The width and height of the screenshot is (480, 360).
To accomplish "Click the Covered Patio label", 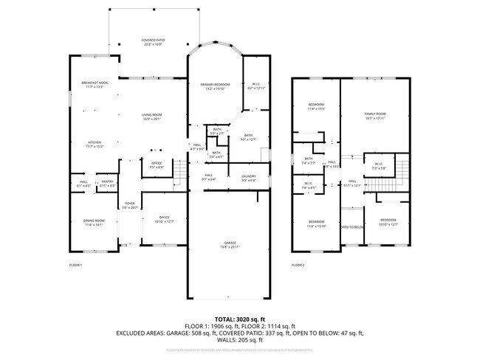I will [153, 41].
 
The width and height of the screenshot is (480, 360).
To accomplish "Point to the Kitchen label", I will [95, 144].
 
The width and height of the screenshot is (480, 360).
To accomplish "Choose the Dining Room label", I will [93, 223].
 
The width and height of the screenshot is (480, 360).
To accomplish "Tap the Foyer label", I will [130, 204].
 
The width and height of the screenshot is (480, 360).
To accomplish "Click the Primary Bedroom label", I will [216, 86].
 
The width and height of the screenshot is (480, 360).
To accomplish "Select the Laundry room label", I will [248, 177].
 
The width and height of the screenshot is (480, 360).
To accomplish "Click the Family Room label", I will [375, 115].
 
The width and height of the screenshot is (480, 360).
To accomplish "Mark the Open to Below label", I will [352, 227].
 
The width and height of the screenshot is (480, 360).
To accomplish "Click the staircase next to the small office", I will [178, 176].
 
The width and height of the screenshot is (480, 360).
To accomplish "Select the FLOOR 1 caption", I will [75, 264].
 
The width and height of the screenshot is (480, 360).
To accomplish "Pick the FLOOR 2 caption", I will [298, 264].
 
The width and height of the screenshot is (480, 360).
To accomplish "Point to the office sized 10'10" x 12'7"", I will [164, 219].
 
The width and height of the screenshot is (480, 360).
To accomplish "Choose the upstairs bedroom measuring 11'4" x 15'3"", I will [316, 106].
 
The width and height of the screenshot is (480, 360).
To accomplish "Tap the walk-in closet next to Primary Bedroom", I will [256, 86].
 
